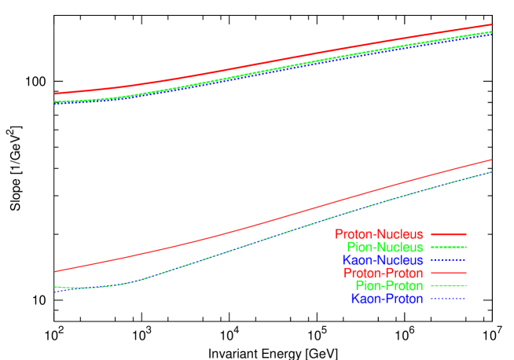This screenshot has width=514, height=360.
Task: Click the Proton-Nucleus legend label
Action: (379, 234)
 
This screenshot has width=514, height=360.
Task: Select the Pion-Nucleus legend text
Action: (384, 247)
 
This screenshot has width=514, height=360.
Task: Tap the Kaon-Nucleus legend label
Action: (383, 260)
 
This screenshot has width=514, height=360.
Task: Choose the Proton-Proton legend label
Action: (383, 273)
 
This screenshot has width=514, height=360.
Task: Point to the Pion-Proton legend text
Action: (389, 285)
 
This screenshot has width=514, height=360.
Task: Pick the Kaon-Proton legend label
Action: (387, 299)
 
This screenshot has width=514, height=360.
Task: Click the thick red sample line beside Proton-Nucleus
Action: (449, 234)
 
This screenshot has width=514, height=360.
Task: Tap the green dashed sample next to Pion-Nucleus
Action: (449, 247)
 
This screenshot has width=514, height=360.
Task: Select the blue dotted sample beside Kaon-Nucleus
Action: (449, 260)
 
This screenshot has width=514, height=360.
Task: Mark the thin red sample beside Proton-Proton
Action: (449, 273)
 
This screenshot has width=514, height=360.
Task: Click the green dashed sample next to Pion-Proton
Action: (449, 285)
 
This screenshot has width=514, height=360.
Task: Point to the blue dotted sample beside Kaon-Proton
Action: (449, 299)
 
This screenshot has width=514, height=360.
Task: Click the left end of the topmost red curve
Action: (54, 94)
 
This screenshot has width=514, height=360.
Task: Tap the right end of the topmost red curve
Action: (491, 25)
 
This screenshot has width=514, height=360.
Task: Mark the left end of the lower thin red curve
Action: (54, 272)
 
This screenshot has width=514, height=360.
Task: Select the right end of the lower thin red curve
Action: (491, 160)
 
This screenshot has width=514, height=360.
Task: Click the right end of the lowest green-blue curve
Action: (491, 172)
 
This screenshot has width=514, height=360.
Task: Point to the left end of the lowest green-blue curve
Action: (54, 288)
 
